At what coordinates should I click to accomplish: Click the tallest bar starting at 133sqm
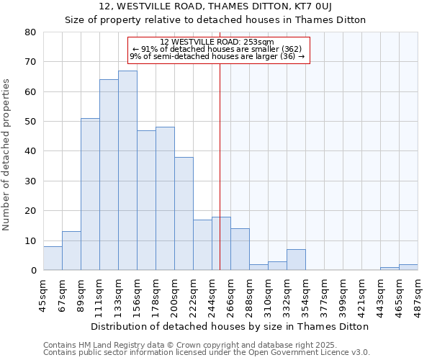(x=127, y=171)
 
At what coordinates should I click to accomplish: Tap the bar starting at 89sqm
(x=90, y=194)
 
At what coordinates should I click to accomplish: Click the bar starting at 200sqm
(x=184, y=214)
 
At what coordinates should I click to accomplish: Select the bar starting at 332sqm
(x=296, y=260)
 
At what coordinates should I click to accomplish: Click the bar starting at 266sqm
(x=240, y=249)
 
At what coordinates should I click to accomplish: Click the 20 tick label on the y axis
(x=31, y=211)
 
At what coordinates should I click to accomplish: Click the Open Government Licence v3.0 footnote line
(x=207, y=352)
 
